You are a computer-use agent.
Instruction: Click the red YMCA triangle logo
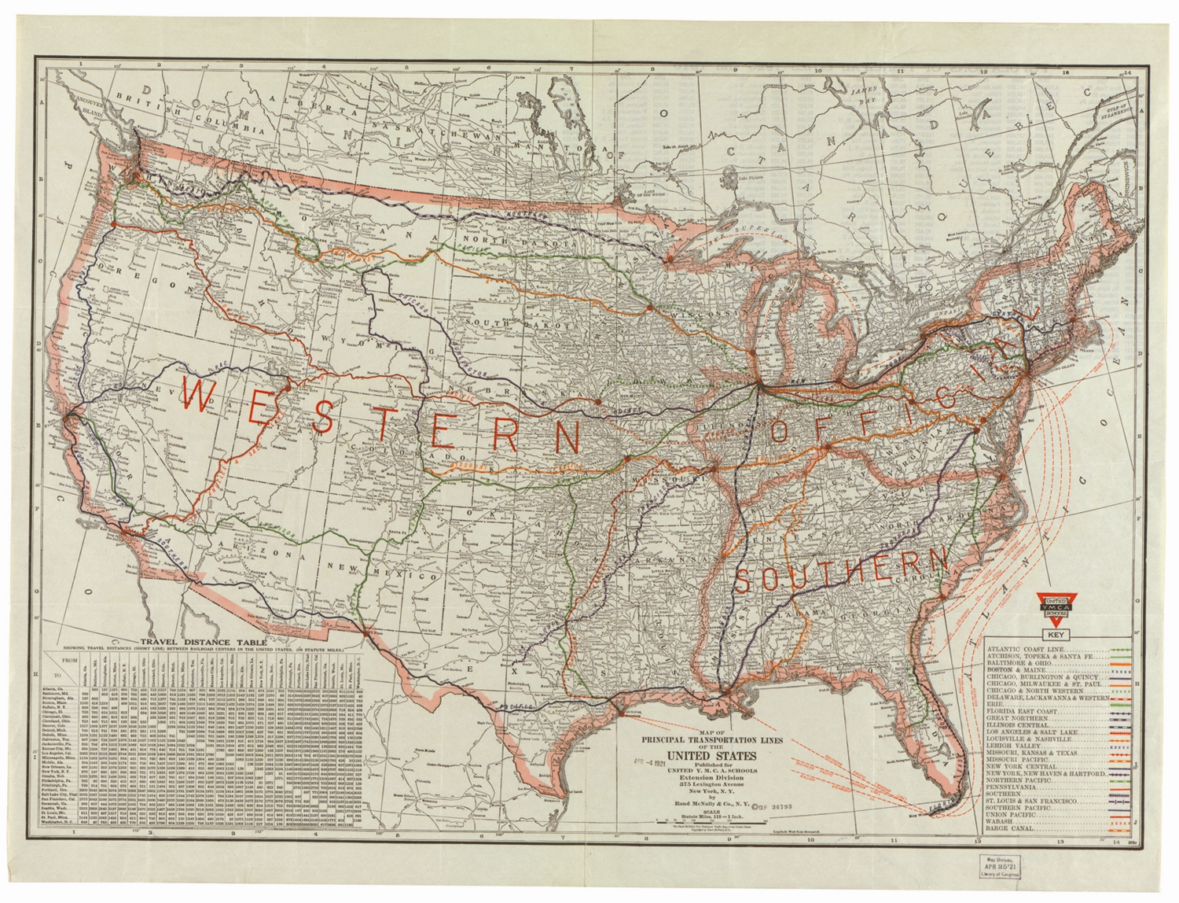[1056, 607]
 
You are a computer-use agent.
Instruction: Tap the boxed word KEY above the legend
[1056, 635]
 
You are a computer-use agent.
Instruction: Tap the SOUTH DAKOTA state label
[512, 322]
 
